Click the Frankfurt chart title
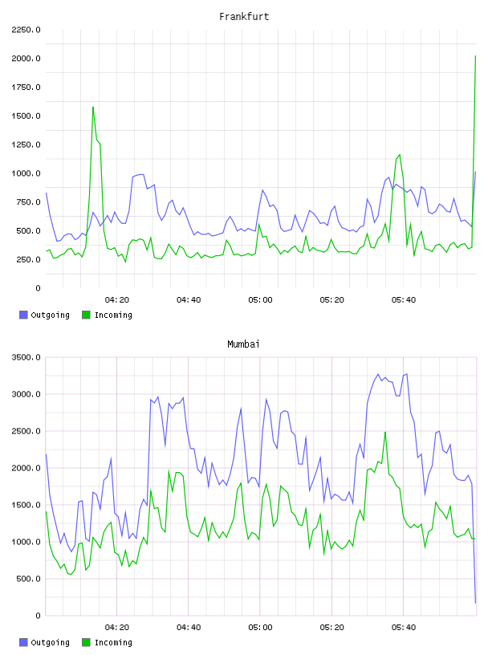pyautogui.click(x=244, y=17)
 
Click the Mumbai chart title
pyautogui.click(x=243, y=344)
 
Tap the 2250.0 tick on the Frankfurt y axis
pyautogui.click(x=26, y=30)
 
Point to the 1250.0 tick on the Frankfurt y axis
pyautogui.click(x=26, y=144)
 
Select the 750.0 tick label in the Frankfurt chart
pyautogui.click(x=28, y=202)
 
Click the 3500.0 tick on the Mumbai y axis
pyautogui.click(x=26, y=357)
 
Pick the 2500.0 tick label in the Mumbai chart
pyautogui.click(x=26, y=431)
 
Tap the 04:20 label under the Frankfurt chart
pyautogui.click(x=117, y=300)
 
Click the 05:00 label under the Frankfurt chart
pyautogui.click(x=260, y=300)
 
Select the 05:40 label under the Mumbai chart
pyautogui.click(x=404, y=628)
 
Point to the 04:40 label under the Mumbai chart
pyautogui.click(x=189, y=628)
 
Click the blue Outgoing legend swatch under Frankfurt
pyautogui.click(x=23, y=315)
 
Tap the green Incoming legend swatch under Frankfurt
pyautogui.click(x=86, y=315)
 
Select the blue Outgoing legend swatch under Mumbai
pyautogui.click(x=23, y=642)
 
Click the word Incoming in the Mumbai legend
pyautogui.click(x=113, y=642)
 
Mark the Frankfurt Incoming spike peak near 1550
pyautogui.click(x=93, y=108)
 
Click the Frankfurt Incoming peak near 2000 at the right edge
pyautogui.click(x=475, y=55)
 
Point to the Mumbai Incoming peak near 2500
pyautogui.click(x=385, y=433)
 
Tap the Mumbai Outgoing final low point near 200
pyautogui.click(x=475, y=603)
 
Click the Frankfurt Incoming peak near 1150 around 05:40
pyautogui.click(x=400, y=155)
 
